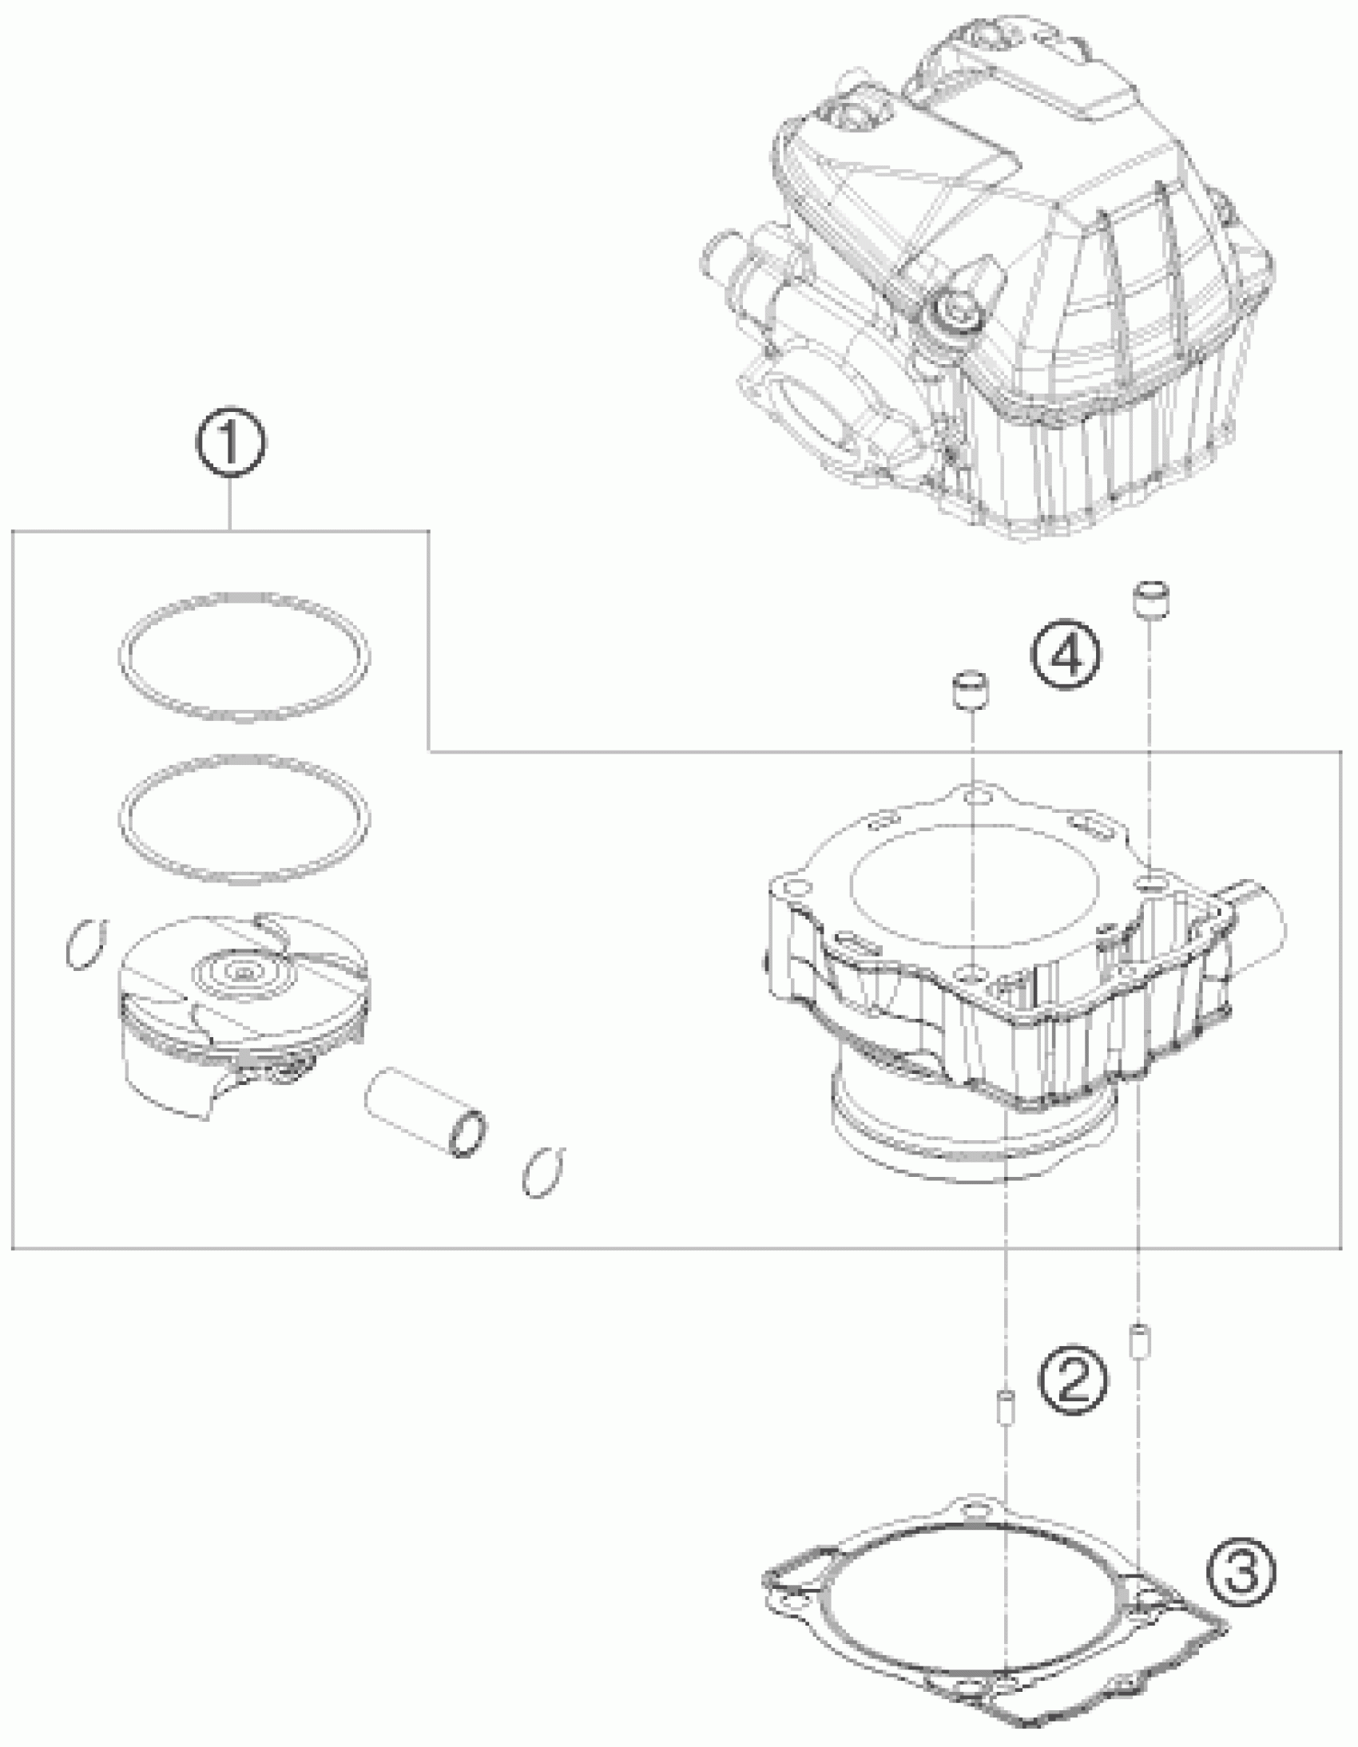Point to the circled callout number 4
pos(1066,656)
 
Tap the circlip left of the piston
pos(85,944)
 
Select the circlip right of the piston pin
pos(543,1172)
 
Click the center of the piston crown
pos(241,973)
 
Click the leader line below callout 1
pos(231,504)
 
